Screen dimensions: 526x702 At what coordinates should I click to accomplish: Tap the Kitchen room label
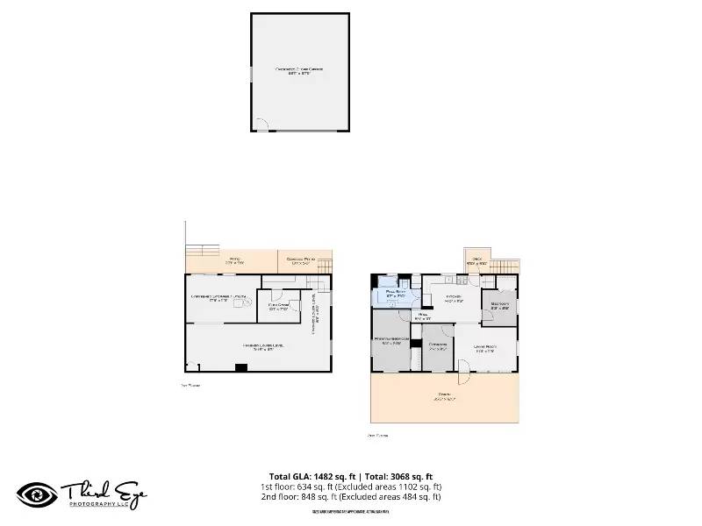click(x=453, y=300)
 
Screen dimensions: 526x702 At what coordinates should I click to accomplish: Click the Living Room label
click(x=485, y=347)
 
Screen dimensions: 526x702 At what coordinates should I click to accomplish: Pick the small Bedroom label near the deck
click(x=501, y=305)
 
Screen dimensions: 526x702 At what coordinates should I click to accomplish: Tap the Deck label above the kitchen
click(x=477, y=260)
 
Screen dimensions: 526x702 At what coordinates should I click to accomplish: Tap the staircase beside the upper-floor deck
click(x=503, y=266)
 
